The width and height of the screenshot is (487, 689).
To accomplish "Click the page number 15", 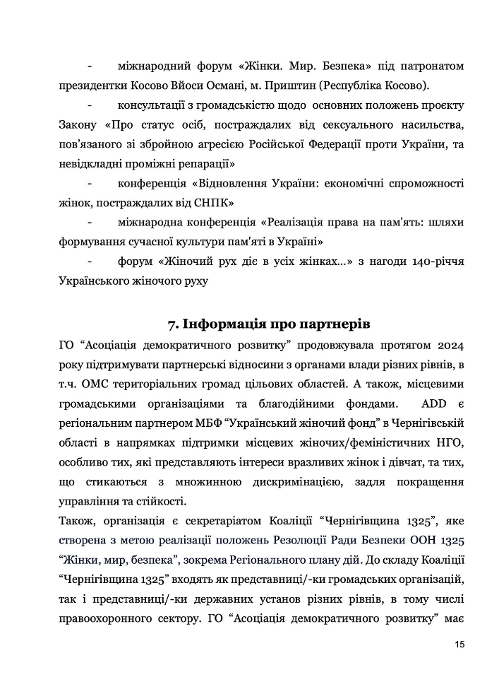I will click(459, 644).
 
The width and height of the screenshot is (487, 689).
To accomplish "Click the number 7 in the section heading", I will click(172, 324).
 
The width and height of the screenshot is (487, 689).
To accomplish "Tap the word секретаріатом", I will click(214, 522).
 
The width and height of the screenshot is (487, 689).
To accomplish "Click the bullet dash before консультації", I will click(90, 106).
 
